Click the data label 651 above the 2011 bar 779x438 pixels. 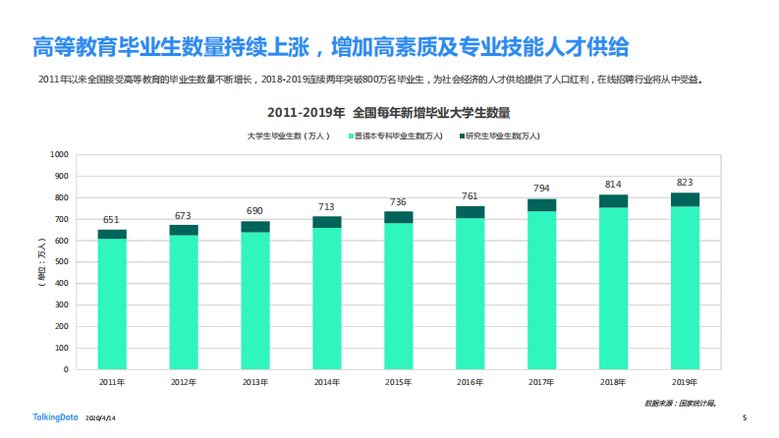pos(112,219)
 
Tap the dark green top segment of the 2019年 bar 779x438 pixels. pos(685,198)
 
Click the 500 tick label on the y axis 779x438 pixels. pos(59,262)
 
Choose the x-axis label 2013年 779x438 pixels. pos(255,381)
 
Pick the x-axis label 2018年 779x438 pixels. pos(613,381)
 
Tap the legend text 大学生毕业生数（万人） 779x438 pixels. pos(290,136)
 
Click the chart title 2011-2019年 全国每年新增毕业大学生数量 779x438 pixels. pos(388,113)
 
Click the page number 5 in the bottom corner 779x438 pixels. pos(744,417)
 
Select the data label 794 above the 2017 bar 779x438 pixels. pos(541,188)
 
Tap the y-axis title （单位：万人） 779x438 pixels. pos(40,262)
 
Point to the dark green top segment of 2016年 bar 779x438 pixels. pos(470,211)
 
